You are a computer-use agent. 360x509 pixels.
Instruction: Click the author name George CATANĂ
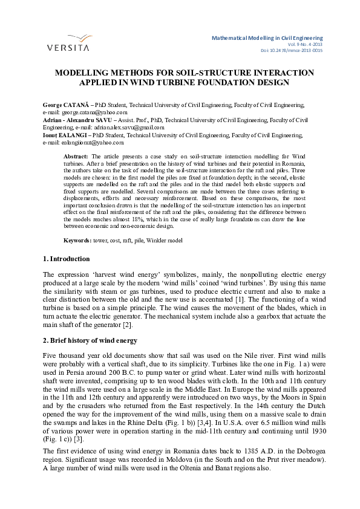click(x=65, y=105)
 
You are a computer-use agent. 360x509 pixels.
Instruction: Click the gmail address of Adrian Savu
click(x=137, y=128)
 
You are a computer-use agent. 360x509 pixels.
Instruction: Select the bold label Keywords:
click(x=79, y=241)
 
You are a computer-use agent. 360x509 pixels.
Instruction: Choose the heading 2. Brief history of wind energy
click(x=90, y=341)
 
